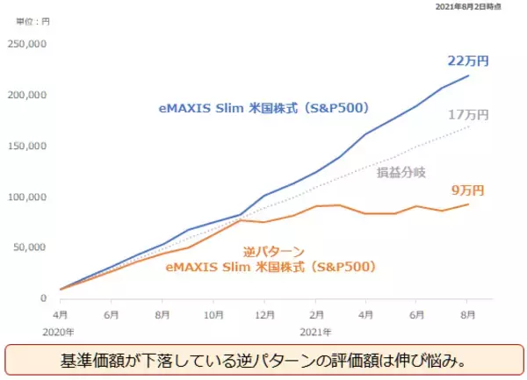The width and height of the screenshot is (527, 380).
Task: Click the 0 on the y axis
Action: (x=40, y=298)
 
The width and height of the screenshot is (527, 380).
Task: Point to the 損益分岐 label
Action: (x=399, y=174)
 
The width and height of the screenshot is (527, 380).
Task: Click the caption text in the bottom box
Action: (x=263, y=361)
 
